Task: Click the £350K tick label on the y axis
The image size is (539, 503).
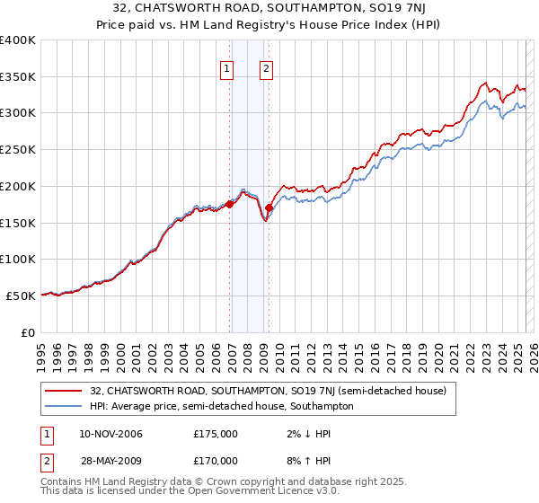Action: pos(18,76)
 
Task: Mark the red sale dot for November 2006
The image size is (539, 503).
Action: pos(229,205)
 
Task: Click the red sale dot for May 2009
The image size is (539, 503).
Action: pos(269,208)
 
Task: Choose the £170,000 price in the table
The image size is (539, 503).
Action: pos(216,460)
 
